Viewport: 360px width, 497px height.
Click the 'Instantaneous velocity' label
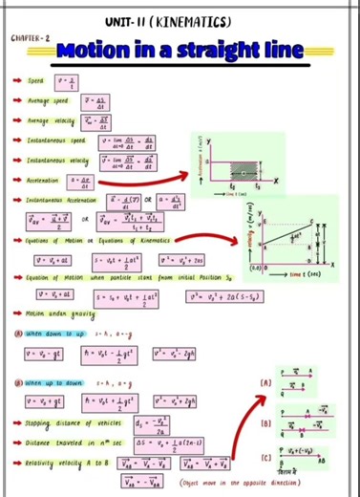point(63,160)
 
